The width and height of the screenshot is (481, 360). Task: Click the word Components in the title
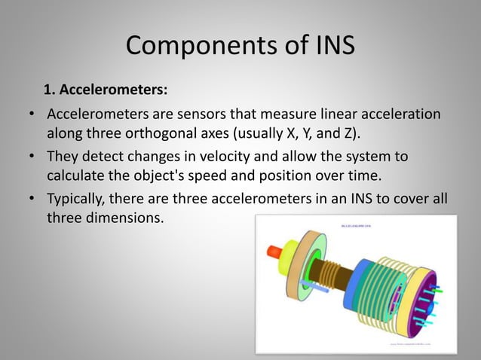pos(187,47)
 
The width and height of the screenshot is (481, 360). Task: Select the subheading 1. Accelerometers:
pos(106,90)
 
